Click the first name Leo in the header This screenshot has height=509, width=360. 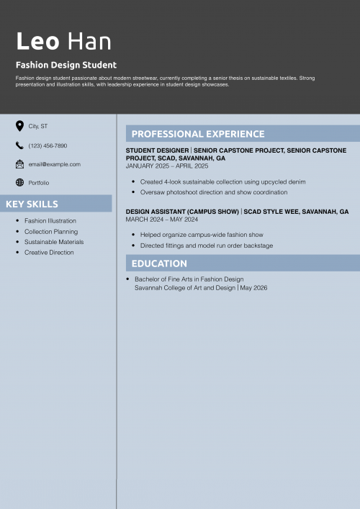click(37, 41)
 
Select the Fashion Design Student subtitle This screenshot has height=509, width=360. click(66, 65)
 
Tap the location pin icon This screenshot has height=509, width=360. click(19, 126)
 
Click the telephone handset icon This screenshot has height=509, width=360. click(19, 145)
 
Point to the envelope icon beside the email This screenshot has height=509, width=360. click(19, 164)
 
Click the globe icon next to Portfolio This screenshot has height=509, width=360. click(19, 183)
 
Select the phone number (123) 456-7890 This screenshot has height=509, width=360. click(48, 145)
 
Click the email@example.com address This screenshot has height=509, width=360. click(55, 164)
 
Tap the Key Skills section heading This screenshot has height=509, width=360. click(32, 204)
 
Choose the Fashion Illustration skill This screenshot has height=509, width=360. click(50, 221)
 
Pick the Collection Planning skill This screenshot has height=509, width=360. click(51, 232)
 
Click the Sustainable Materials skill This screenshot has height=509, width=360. click(54, 242)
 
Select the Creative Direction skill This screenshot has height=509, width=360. click(49, 253)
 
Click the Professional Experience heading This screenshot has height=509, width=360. click(198, 134)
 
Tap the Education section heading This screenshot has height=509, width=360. click(159, 263)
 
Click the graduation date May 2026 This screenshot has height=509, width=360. click(253, 288)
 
